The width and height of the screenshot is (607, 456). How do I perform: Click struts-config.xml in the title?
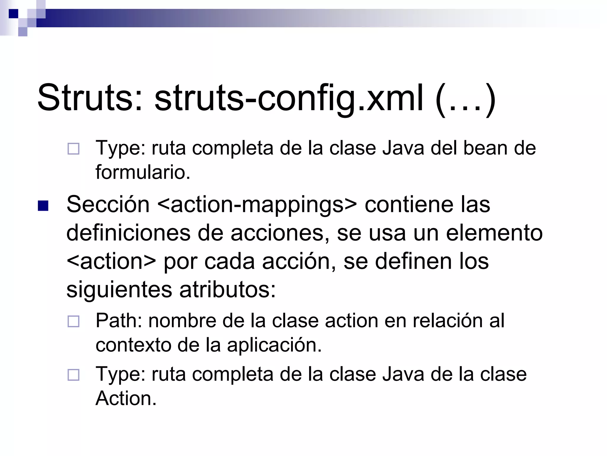coord(289,98)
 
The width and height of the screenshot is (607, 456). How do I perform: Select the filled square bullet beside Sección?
coord(43,206)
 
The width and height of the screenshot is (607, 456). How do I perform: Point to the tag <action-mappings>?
coord(257,205)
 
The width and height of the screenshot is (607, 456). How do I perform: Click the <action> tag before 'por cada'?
coord(111,261)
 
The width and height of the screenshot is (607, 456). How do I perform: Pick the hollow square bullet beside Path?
coord(74,321)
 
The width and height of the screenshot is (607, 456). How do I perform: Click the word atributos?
coord(228,289)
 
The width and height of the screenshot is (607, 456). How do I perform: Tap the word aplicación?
coord(274,345)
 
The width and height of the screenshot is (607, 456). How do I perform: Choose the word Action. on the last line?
coord(126,398)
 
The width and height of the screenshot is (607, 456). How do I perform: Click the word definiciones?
coord(128,233)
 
